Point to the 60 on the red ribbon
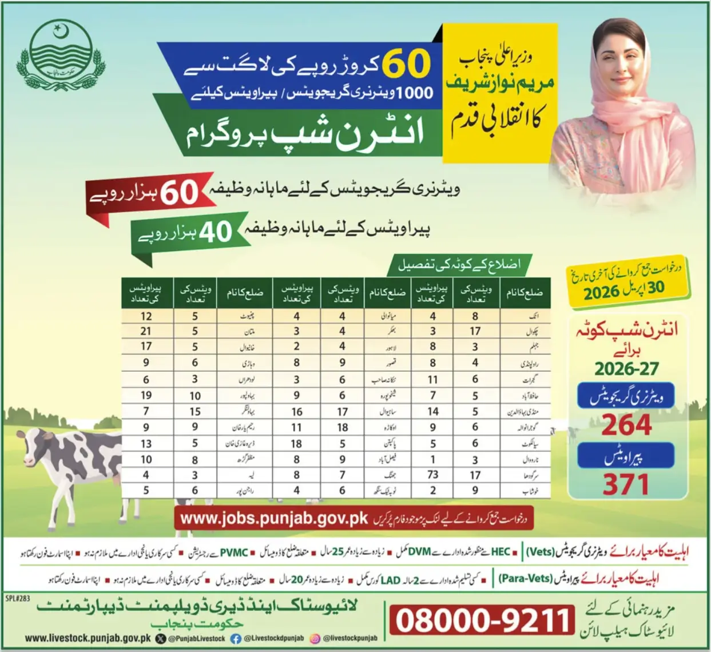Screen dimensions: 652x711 coord(179,193)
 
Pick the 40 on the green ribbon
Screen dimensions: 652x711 coord(215,232)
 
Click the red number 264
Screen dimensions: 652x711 coord(626,424)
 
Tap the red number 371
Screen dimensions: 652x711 coord(626,485)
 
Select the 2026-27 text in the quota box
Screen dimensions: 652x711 coord(626,369)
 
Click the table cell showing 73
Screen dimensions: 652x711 coord(432,475)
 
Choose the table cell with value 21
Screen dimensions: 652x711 coord(146,331)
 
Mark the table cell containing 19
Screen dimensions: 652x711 coord(146,395)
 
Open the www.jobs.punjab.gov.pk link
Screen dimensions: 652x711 coord(273,519)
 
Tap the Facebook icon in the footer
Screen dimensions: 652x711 coord(235,639)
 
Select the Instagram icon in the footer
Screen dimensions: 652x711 coord(315,639)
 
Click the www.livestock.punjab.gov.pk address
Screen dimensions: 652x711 coord(88,638)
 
